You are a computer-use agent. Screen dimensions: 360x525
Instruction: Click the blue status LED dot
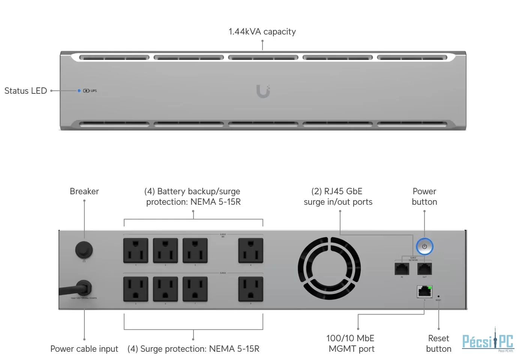tap(79, 91)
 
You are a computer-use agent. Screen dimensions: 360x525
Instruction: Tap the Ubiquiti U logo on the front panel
tap(263, 91)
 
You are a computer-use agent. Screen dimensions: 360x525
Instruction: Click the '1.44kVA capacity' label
tap(262, 31)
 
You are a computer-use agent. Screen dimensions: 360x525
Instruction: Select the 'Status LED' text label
tap(25, 91)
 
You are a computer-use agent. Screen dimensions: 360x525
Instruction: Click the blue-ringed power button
tap(424, 247)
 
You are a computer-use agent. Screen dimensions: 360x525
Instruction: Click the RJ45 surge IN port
tap(402, 269)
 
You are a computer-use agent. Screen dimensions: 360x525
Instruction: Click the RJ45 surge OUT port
tap(424, 269)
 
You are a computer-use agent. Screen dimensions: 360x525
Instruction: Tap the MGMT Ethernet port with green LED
tap(424, 291)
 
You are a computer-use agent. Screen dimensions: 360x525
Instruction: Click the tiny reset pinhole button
tap(439, 296)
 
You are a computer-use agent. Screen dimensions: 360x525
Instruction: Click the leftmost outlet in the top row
tap(136, 250)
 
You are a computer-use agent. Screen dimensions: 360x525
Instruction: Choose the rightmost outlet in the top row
tap(251, 250)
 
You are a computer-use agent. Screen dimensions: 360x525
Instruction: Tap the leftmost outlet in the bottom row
tap(136, 289)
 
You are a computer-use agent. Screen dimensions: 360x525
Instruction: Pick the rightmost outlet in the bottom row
tap(251, 289)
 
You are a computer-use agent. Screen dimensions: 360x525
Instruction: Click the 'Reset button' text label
tap(439, 343)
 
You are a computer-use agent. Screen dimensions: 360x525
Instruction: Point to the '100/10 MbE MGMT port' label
tap(351, 343)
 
